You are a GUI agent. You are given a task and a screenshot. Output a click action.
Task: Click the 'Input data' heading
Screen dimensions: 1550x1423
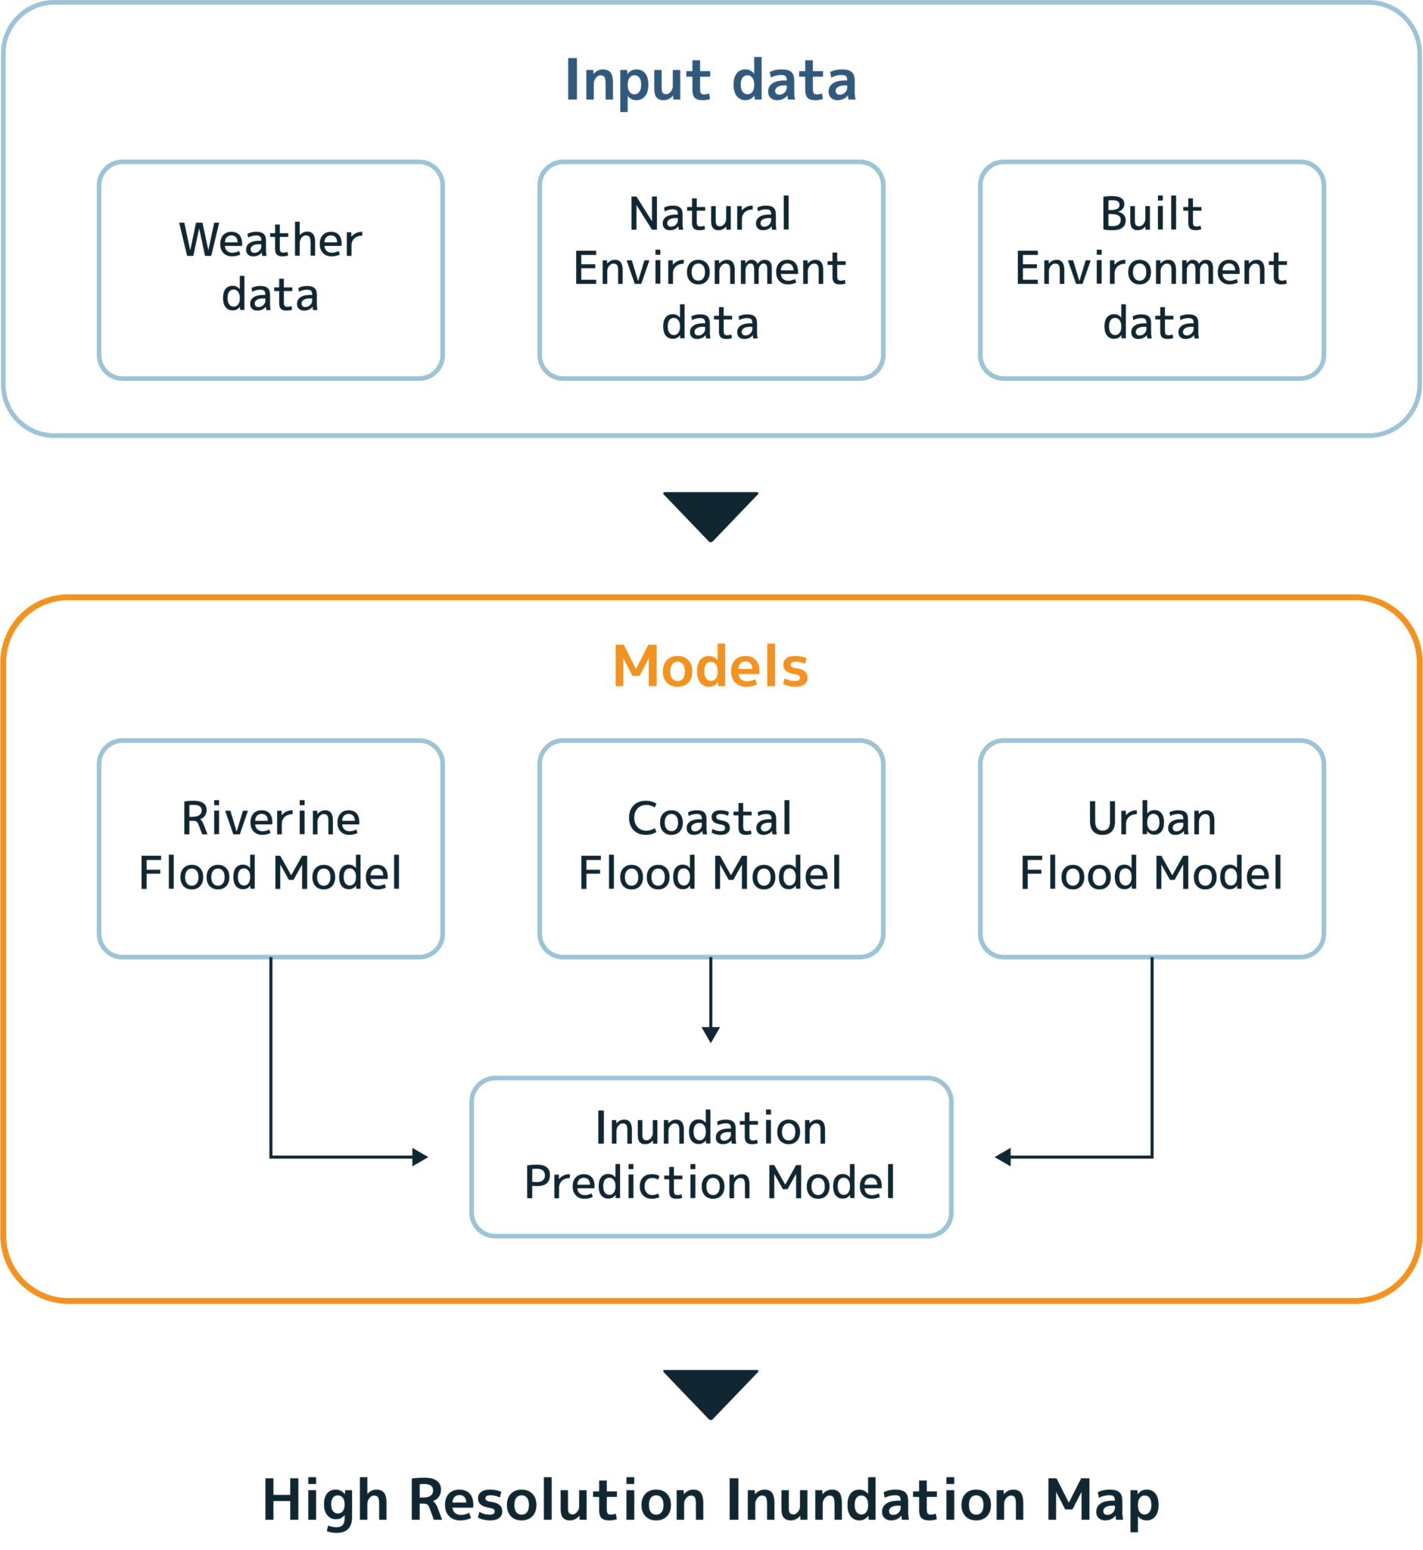point(710,80)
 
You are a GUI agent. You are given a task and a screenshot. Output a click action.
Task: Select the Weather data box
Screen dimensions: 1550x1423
point(270,269)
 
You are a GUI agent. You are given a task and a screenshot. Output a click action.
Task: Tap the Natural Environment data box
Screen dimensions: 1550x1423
point(711,269)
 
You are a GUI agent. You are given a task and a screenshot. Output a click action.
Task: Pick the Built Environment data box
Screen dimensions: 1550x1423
point(1151,269)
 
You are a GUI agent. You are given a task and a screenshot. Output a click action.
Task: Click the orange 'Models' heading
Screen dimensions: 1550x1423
point(710,666)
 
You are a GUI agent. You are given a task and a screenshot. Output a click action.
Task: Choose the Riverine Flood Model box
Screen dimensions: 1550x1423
point(270,848)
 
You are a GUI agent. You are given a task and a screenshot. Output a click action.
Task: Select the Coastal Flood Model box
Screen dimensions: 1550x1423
point(711,848)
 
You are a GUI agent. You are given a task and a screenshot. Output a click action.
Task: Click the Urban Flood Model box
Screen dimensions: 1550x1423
point(1151,848)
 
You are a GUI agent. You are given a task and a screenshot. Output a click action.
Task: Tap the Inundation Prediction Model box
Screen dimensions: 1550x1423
point(711,1156)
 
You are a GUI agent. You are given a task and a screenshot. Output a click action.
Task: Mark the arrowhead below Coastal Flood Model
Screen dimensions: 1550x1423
point(711,1034)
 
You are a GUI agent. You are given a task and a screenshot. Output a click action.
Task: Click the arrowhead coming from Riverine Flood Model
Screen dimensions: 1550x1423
point(420,1156)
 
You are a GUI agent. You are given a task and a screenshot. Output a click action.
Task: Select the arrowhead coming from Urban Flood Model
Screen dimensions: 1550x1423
point(1002,1156)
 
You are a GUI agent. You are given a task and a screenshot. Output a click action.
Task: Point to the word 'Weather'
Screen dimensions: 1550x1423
point(270,240)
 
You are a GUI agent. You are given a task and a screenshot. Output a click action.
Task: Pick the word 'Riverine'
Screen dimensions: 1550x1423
point(270,818)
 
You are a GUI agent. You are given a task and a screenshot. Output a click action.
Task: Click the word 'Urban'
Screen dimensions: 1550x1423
point(1151,818)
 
